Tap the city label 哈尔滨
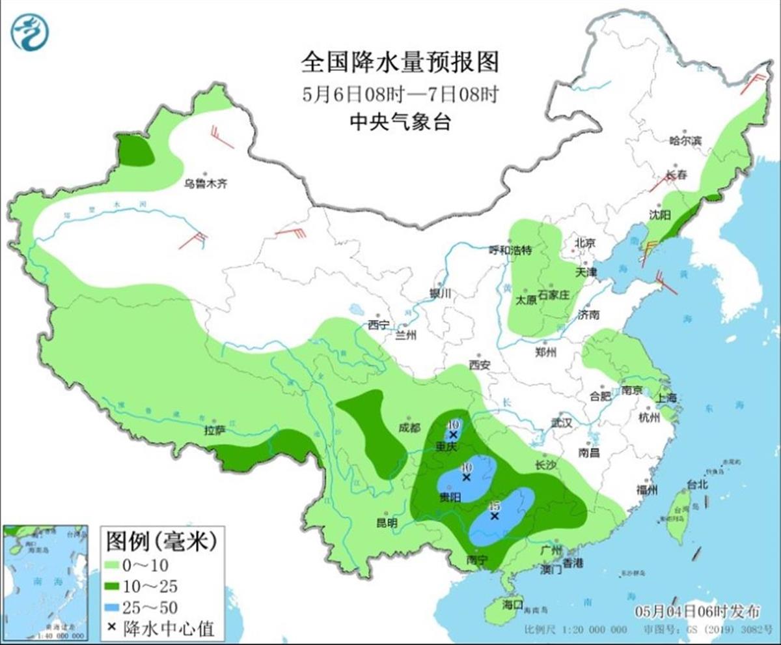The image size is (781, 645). click(686, 140)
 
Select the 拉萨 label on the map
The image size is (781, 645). click(214, 430)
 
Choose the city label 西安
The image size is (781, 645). click(479, 365)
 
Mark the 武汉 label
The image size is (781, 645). click(561, 423)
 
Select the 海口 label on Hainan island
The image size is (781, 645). click(513, 605)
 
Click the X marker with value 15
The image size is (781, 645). click(495, 516)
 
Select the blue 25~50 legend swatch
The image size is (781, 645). click(120, 607)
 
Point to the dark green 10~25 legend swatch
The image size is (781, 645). click(120, 586)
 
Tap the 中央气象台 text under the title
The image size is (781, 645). click(400, 122)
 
